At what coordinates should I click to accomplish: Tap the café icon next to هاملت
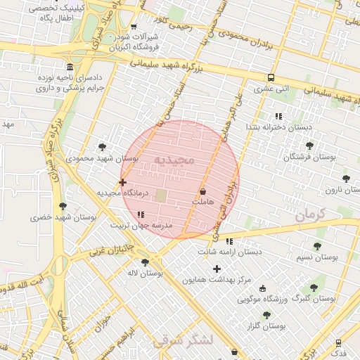[203, 191]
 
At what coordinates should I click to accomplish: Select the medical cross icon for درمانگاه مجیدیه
[123, 182]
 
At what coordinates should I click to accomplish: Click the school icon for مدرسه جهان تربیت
[141, 214]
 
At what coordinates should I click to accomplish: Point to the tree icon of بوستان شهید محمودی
[103, 147]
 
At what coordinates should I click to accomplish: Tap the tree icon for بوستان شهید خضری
[63, 206]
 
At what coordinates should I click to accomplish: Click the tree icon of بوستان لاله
[145, 262]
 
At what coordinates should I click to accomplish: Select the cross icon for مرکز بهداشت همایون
[217, 269]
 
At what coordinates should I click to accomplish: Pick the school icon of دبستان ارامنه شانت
[229, 241]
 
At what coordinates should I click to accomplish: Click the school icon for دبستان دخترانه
[278, 116]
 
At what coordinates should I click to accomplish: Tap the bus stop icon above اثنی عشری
[271, 78]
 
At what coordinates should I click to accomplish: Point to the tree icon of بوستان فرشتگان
[309, 146]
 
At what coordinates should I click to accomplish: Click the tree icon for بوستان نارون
[345, 179]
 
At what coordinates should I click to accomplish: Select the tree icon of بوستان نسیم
[317, 246]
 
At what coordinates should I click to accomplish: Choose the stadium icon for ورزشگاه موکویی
[263, 288]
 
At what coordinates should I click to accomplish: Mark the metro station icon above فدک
[339, 342]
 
